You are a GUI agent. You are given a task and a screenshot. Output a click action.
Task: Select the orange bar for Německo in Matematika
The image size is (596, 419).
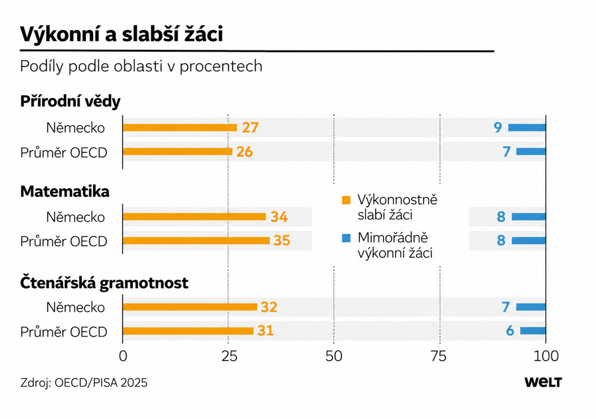[194, 217]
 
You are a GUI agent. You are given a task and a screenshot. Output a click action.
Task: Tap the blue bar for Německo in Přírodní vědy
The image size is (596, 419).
[527, 128]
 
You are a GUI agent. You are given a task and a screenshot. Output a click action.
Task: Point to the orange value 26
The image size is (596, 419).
[245, 152]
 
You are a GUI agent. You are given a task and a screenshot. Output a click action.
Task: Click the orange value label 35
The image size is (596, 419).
[282, 240]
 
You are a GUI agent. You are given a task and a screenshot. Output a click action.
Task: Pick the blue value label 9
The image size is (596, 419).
[498, 128]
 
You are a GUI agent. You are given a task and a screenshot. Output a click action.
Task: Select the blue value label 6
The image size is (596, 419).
[510, 330]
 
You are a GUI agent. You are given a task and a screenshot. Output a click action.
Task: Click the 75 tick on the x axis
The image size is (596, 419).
[439, 356]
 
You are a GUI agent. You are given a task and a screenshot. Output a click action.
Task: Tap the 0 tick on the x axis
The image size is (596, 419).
[123, 356]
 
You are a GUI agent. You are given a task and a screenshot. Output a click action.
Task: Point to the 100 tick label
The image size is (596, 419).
[546, 356]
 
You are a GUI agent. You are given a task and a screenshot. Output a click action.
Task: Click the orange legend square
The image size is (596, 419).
[346, 200]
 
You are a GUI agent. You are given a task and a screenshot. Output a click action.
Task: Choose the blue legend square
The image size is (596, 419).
[346, 238]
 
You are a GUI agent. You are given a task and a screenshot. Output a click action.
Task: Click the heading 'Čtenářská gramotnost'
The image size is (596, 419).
[104, 283]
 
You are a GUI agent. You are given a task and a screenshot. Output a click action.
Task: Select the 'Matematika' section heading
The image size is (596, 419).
[65, 191]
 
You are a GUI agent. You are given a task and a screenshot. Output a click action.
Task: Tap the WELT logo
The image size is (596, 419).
[543, 382]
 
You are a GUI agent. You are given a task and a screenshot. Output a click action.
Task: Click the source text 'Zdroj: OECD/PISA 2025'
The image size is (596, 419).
[84, 383]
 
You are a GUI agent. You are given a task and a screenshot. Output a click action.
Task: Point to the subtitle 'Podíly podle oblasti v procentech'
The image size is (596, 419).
[141, 66]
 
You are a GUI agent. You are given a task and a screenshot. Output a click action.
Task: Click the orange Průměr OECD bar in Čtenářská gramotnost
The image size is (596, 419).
[188, 331]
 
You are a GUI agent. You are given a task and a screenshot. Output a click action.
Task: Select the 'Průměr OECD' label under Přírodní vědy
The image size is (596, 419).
[64, 153]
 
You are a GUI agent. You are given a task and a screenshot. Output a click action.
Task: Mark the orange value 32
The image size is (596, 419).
[269, 307]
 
